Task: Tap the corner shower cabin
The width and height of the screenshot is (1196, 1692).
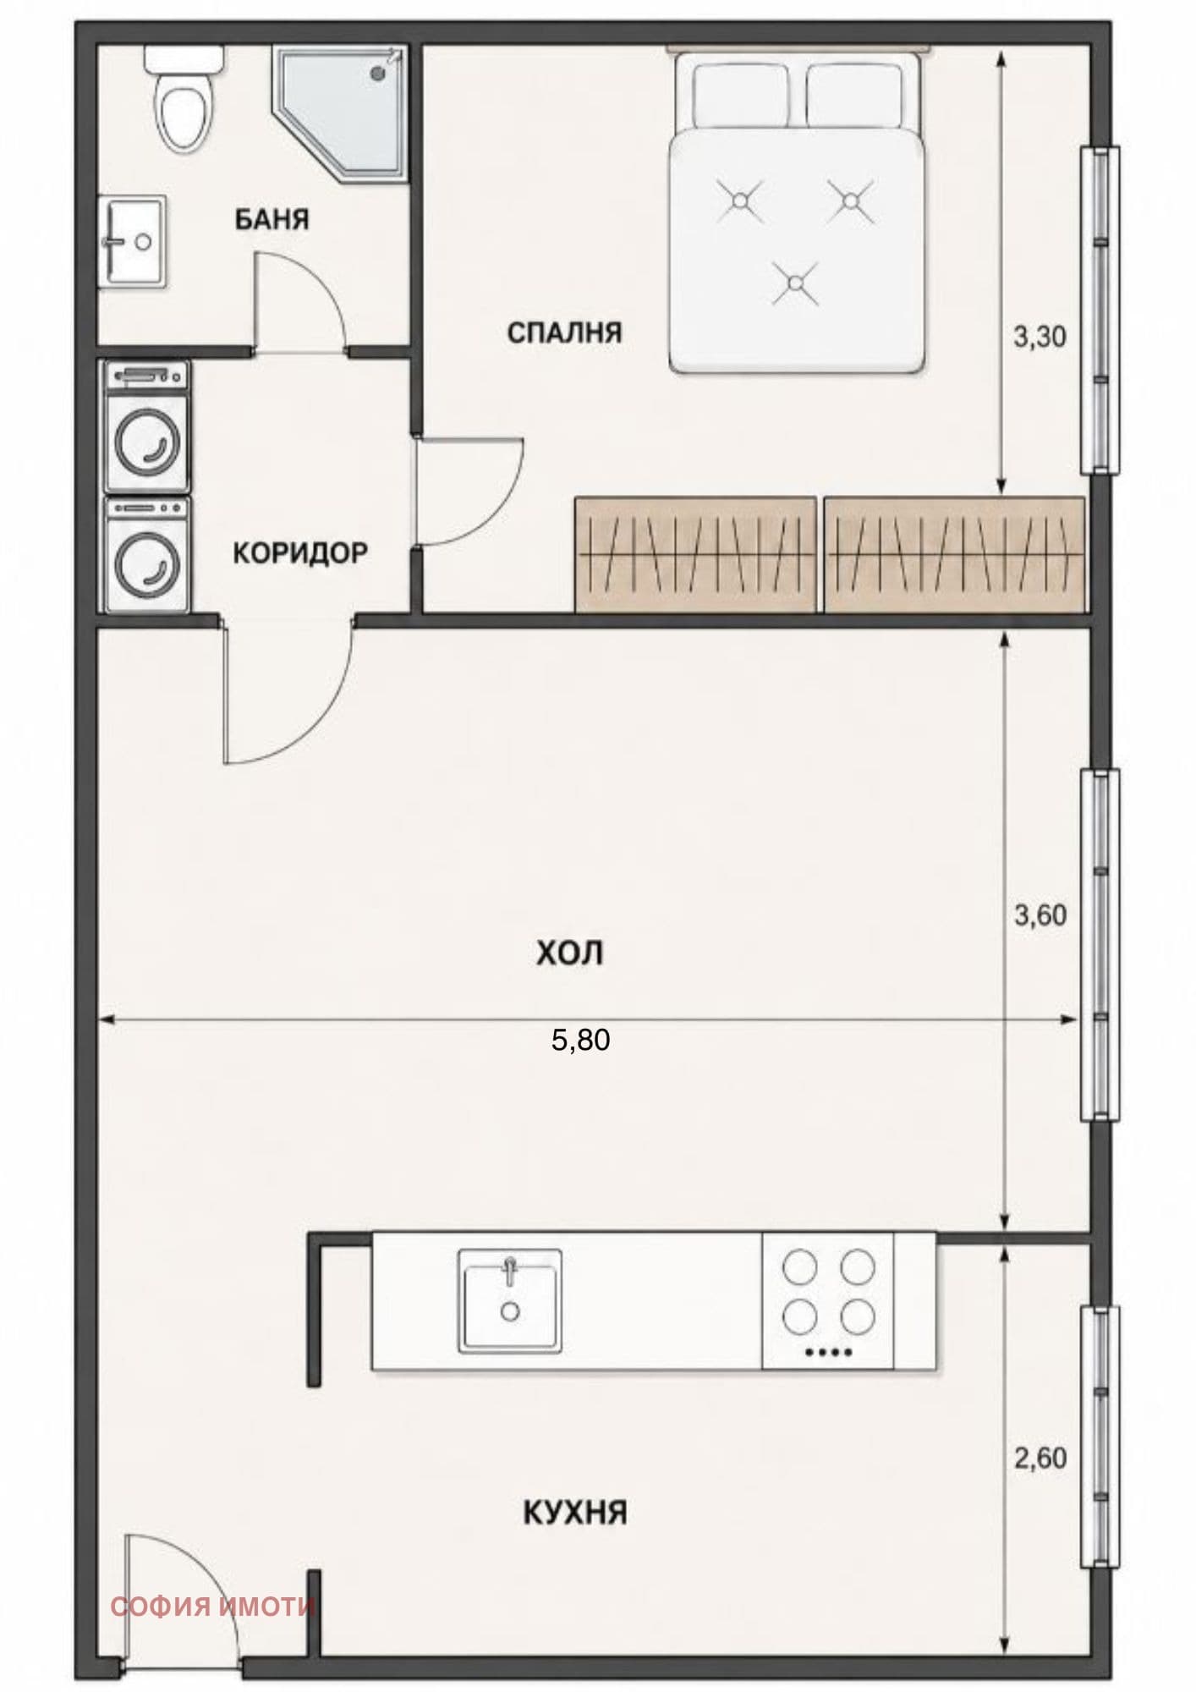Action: tap(340, 112)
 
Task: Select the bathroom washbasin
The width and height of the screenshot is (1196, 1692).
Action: tap(132, 242)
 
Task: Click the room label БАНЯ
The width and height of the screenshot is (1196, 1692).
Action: tap(272, 220)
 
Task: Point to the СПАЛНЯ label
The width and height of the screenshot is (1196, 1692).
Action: tap(564, 332)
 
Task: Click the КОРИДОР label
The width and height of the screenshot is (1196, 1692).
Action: tap(300, 553)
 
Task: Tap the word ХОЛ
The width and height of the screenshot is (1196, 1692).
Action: tap(569, 953)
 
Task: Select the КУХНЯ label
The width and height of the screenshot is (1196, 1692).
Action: tap(575, 1512)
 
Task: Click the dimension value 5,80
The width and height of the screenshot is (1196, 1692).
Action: tap(580, 1040)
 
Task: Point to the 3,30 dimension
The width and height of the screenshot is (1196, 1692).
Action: tap(1040, 338)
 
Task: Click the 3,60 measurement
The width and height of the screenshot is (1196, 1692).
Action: tap(1040, 915)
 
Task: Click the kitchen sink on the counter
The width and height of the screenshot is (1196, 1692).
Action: tap(509, 1299)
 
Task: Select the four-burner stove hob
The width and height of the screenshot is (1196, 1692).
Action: tap(828, 1299)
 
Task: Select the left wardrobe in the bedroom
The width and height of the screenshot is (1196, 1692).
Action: tap(695, 553)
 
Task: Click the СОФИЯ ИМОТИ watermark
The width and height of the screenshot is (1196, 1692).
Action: tap(212, 1607)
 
